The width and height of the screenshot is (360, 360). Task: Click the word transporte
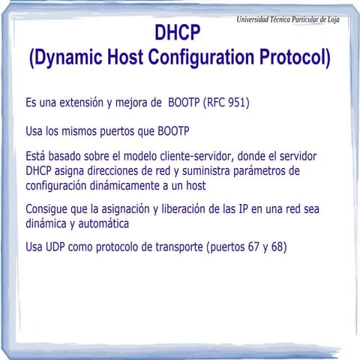pyautogui.click(x=171, y=246)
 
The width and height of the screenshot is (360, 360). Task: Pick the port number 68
pyautogui.click(x=278, y=246)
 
